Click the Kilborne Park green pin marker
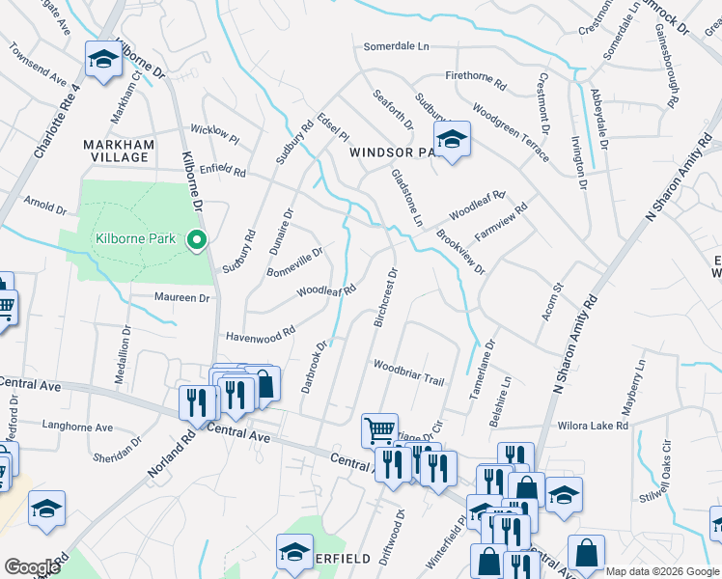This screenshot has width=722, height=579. [198, 240]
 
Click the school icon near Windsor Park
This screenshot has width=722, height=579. [451, 141]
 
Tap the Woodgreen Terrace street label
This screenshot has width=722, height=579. [511, 136]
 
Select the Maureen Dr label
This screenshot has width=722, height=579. [182, 298]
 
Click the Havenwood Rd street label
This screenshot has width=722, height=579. [260, 336]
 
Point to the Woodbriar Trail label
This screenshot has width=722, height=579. [408, 372]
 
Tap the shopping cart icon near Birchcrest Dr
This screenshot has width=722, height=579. [379, 430]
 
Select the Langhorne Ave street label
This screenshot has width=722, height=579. [77, 427]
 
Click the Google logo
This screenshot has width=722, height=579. [32, 567]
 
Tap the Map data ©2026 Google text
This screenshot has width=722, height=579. [661, 571]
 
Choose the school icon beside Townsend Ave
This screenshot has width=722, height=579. [102, 61]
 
